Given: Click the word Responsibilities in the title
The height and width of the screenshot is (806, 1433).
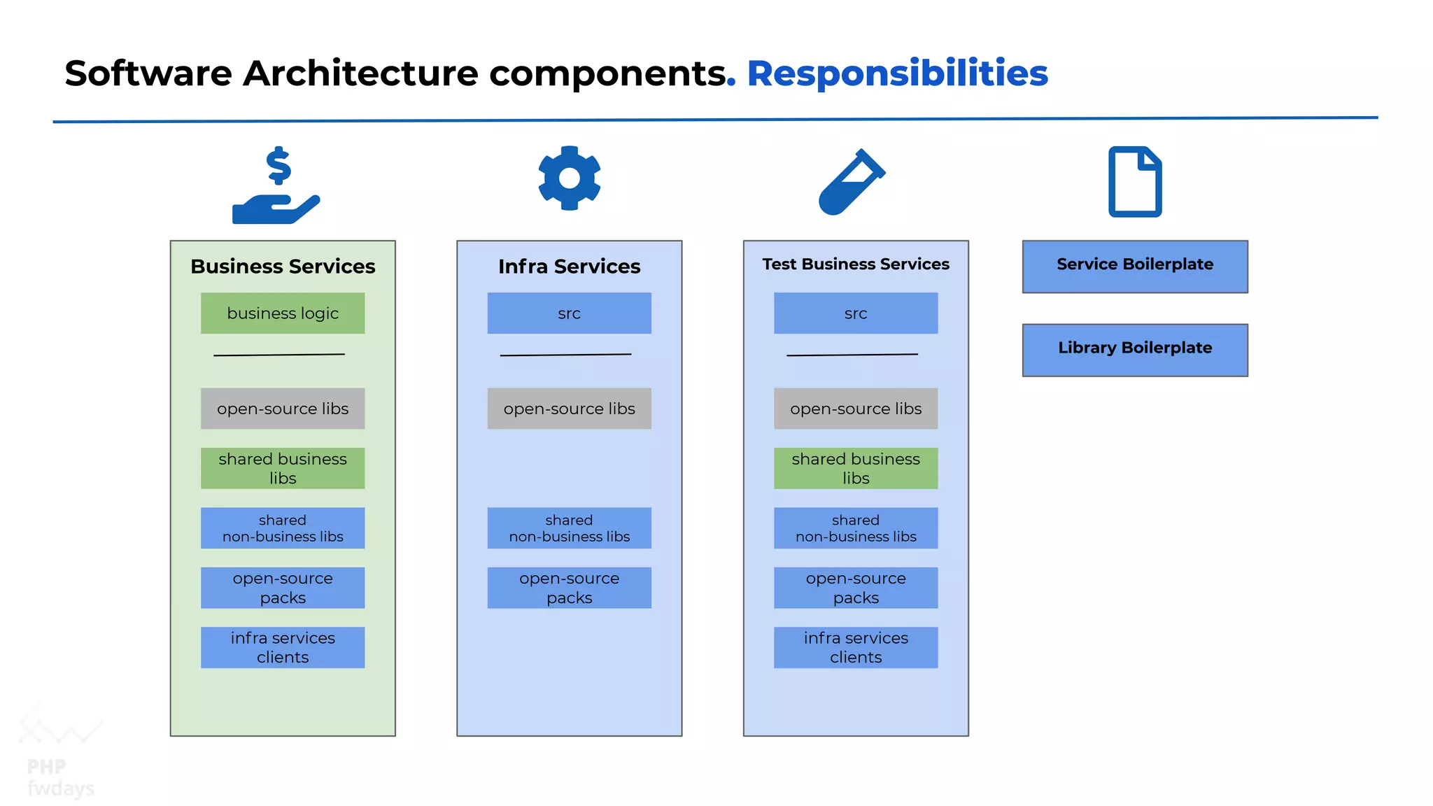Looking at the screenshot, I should pyautogui.click(x=897, y=73).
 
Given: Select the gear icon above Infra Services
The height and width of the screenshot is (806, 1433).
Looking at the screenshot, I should pyautogui.click(x=569, y=178).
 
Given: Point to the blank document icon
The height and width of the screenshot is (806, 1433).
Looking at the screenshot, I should pyautogui.click(x=1134, y=182).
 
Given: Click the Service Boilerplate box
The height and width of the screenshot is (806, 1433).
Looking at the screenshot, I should pyautogui.click(x=1134, y=266).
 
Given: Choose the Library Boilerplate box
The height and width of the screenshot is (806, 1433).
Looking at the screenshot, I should pyautogui.click(x=1134, y=349).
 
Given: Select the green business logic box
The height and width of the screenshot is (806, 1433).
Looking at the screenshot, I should pyautogui.click(x=283, y=313).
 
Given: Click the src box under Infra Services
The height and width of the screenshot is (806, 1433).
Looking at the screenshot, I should pyautogui.click(x=569, y=313).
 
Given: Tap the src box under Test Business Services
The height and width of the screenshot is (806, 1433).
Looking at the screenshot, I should pyautogui.click(x=855, y=313).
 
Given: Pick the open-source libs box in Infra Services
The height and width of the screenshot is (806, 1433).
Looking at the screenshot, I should pyautogui.click(x=569, y=408).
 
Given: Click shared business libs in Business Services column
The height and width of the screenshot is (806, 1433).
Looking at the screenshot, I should pyautogui.click(x=283, y=468).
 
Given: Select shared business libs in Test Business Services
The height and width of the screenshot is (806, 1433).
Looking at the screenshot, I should pyautogui.click(x=855, y=468).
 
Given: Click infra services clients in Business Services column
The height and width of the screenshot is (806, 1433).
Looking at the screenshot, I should pyautogui.click(x=283, y=647).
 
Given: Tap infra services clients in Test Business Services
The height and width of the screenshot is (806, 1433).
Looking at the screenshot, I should pyautogui.click(x=855, y=647).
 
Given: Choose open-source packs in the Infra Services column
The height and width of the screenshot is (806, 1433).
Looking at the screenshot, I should pyautogui.click(x=569, y=588).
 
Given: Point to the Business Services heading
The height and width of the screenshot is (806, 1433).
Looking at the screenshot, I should pyautogui.click(x=283, y=266).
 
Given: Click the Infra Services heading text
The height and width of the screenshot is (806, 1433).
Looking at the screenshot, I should pyautogui.click(x=569, y=266).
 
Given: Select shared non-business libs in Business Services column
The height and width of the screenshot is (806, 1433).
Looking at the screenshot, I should pyautogui.click(x=283, y=528).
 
